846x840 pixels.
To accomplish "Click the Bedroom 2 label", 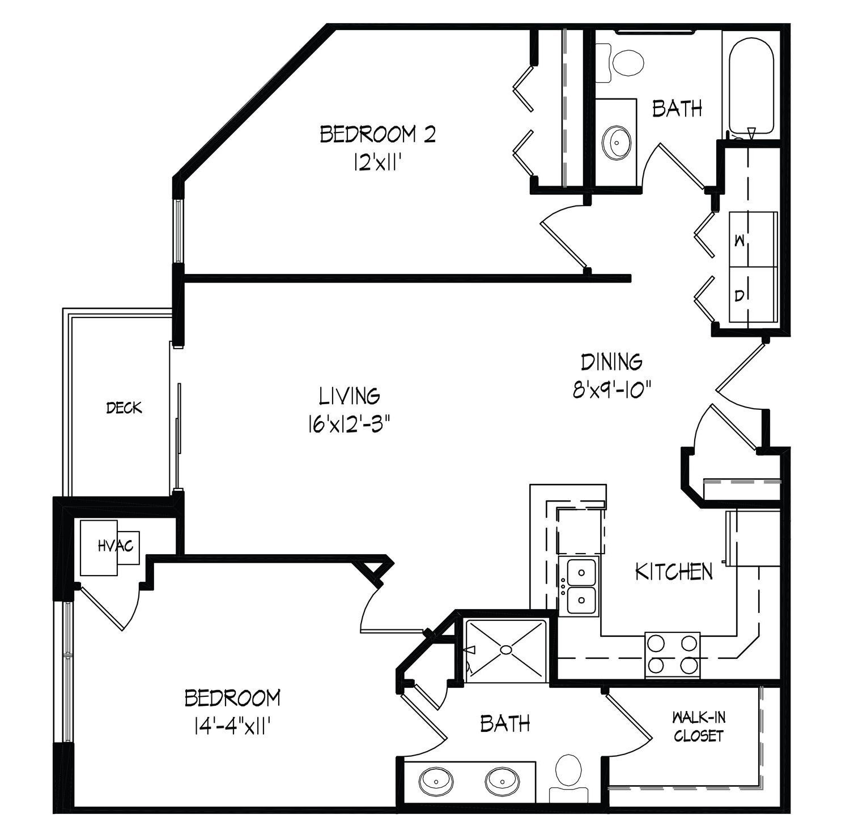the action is (x=378, y=135).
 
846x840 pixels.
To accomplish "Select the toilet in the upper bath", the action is (x=623, y=62).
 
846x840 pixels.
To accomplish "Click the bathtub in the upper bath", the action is (x=751, y=88).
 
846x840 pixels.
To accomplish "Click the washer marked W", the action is (x=753, y=239).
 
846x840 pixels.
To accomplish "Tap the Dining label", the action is (x=612, y=361).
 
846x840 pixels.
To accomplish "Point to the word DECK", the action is (x=124, y=408).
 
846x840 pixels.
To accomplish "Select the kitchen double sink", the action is (x=579, y=586).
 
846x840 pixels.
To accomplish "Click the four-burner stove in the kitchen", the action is (x=672, y=654).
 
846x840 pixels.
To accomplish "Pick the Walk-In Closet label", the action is (x=699, y=727).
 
